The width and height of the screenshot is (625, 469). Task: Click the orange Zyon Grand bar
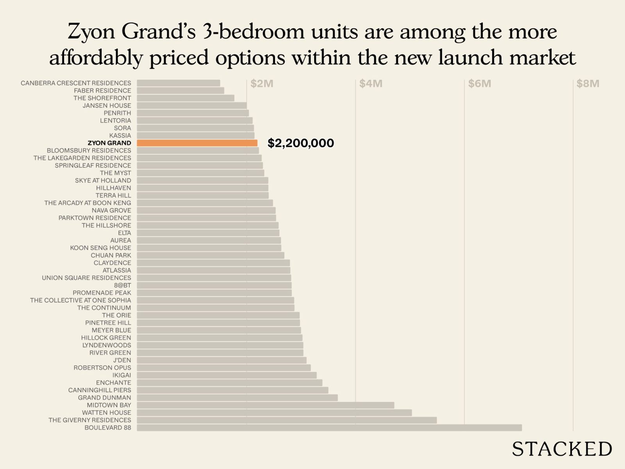197,143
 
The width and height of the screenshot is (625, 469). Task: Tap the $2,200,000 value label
300,143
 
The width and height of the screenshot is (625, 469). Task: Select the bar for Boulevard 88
329,428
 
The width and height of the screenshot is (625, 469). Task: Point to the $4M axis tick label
371,84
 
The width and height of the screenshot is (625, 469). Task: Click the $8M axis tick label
588,84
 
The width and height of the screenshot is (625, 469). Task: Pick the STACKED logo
562,449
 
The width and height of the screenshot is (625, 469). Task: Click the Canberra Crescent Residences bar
178,83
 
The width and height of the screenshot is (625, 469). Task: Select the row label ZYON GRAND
109,143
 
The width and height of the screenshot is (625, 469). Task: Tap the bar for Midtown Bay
265,405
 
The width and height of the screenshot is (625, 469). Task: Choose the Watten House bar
274,413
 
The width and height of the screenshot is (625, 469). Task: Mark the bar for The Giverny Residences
287,420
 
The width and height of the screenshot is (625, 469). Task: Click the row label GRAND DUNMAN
104,397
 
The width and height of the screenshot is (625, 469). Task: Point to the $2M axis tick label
262,84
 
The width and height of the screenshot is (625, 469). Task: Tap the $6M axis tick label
480,84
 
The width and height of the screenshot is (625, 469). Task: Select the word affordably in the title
96,58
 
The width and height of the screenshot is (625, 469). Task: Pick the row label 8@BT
122,285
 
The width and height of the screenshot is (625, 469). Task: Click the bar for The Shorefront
185,98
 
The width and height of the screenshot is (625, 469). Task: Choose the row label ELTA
125,233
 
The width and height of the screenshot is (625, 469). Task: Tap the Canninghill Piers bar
232,390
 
